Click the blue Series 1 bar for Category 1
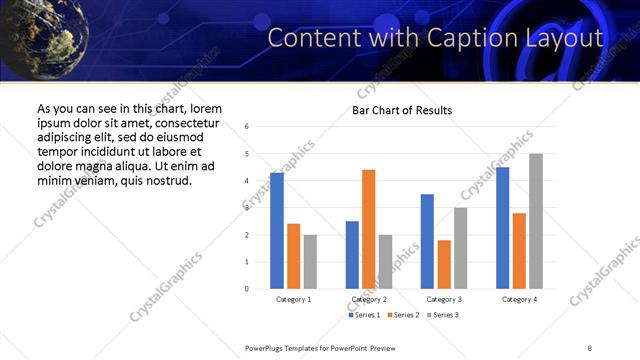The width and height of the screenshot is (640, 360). click(277, 231)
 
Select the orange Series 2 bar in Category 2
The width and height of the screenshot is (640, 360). click(368, 229)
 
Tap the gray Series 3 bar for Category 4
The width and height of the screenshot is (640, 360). click(535, 221)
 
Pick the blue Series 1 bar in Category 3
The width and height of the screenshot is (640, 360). click(427, 241)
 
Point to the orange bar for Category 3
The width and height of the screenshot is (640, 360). click(444, 264)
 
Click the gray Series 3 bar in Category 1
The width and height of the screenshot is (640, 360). click(310, 261)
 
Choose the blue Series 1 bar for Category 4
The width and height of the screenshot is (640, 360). click(502, 228)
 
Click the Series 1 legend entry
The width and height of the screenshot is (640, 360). click(364, 315)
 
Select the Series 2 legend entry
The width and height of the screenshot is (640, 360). click(402, 315)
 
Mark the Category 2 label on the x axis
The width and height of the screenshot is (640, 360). click(369, 300)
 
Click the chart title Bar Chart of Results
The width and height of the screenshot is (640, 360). click(402, 110)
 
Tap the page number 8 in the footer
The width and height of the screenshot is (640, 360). click(590, 347)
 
